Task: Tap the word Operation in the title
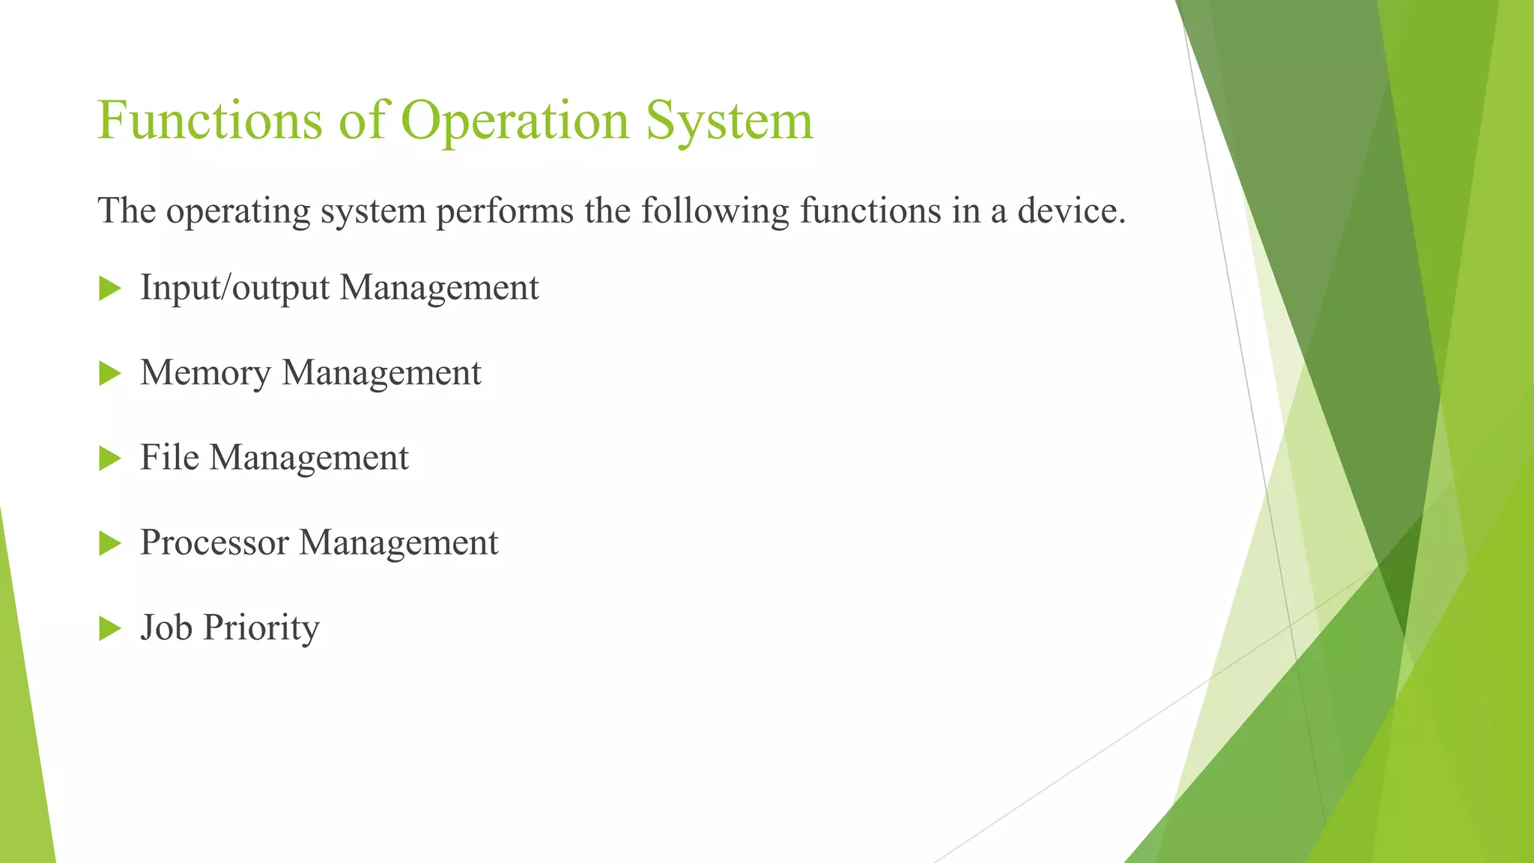tap(515, 121)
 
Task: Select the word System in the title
tap(729, 121)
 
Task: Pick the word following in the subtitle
tap(715, 211)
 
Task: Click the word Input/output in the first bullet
tap(234, 288)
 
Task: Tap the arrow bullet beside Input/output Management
tap(109, 288)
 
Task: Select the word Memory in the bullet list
tap(205, 373)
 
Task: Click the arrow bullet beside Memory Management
tap(109, 373)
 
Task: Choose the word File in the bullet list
tap(169, 457)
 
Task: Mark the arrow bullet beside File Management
tap(109, 458)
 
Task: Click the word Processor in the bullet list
tap(214, 542)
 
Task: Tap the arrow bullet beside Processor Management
tap(109, 543)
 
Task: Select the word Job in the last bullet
tap(166, 627)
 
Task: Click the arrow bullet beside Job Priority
tap(109, 629)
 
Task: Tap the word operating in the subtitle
tap(238, 211)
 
